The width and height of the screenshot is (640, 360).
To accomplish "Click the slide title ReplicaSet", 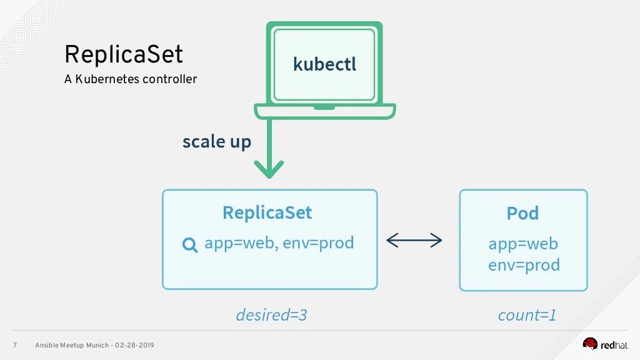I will click(124, 55).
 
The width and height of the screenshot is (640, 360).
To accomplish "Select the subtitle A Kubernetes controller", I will click(130, 79).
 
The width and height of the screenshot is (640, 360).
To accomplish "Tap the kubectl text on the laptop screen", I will click(324, 64).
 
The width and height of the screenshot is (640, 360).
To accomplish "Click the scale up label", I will click(216, 142).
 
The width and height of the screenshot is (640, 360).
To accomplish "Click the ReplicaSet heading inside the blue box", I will click(267, 212).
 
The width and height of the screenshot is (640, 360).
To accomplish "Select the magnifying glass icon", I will click(189, 245).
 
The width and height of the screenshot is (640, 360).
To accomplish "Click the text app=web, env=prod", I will click(279, 242).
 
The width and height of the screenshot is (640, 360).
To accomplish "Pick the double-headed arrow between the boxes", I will click(414, 241).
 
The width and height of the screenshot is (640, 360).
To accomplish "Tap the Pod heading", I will click(522, 213).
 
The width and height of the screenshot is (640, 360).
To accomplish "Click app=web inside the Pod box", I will click(523, 243).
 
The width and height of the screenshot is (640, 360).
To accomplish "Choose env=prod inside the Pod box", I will click(524, 265).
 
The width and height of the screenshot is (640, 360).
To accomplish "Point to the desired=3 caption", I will click(271, 315).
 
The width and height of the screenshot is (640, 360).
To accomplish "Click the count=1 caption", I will click(527, 315).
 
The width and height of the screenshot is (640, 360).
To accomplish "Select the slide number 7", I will click(14, 346).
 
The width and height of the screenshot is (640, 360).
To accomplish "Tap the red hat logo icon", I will click(590, 343).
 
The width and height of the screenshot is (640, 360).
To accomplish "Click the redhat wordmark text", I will click(616, 344).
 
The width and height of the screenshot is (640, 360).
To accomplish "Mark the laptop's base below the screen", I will click(324, 111).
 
